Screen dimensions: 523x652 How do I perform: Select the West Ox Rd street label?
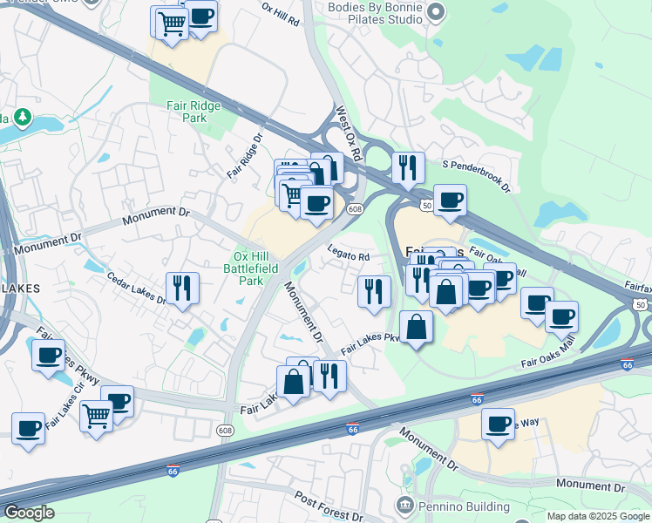(349, 134)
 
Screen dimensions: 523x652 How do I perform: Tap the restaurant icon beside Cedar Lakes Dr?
(182, 289)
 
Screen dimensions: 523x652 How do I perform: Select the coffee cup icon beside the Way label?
(498, 425)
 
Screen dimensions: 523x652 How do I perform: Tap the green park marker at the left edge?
(23, 116)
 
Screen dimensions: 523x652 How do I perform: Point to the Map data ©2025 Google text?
(598, 516)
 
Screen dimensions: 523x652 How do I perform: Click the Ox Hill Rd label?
(281, 13)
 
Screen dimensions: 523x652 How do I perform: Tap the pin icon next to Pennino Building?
(404, 506)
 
